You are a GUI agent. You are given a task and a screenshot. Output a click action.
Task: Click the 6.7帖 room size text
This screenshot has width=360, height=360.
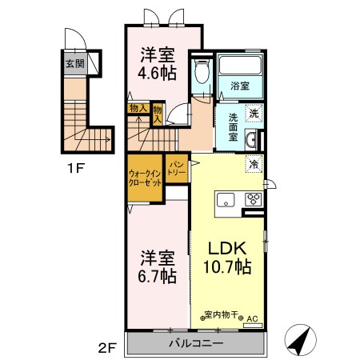coord(156,276)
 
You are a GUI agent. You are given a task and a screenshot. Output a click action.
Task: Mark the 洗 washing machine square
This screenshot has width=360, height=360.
coord(253,114)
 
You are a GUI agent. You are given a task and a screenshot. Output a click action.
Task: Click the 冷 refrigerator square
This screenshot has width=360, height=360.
coord(253,165)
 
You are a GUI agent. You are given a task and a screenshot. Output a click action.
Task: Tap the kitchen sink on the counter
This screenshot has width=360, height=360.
coord(223,199)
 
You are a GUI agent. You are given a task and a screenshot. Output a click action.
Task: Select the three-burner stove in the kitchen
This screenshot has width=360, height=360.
coord(254,200)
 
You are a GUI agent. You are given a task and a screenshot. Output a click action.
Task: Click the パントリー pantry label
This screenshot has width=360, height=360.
coord(176,169)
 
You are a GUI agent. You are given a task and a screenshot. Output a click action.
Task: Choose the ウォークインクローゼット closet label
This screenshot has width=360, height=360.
coord(144,177)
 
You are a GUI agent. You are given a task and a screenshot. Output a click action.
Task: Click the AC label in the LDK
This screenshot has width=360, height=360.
coord(253,318)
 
